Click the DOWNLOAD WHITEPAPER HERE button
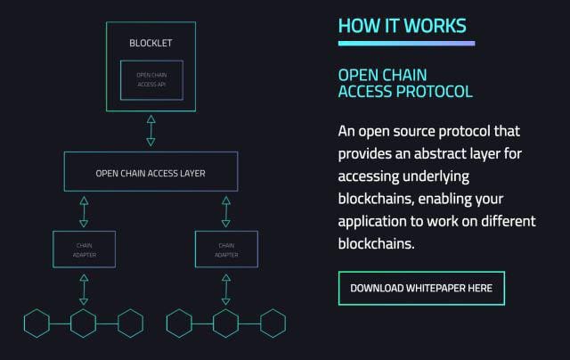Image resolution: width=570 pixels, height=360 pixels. click(x=421, y=289)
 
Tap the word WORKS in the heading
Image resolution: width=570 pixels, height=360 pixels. click(x=435, y=26)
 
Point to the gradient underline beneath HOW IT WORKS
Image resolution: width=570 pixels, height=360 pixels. click(x=406, y=43)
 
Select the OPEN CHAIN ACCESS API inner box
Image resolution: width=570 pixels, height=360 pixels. click(x=151, y=80)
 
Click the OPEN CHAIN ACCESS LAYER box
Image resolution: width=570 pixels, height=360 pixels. click(x=151, y=172)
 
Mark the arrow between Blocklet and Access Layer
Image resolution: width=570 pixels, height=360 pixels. click(x=151, y=130)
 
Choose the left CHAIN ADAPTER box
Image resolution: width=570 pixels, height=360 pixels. click(x=84, y=250)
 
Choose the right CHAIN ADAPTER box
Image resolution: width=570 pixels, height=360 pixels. click(x=226, y=250)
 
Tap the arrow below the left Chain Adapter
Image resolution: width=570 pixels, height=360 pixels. click(x=84, y=289)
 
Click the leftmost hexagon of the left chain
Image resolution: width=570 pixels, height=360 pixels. click(x=37, y=323)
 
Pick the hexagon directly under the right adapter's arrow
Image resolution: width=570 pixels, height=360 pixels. click(x=226, y=323)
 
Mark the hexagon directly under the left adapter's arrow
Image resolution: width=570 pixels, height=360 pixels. click(x=84, y=323)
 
